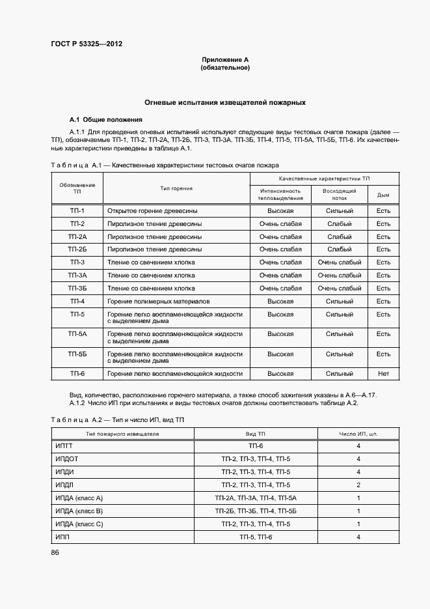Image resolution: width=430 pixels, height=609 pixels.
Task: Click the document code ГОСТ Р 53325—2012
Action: point(87,44)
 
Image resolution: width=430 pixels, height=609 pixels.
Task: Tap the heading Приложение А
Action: point(225,60)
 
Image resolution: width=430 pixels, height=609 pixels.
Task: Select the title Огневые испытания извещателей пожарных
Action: point(225,103)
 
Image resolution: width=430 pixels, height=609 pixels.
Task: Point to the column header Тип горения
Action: point(176,188)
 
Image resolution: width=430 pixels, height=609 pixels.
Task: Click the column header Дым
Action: point(383,195)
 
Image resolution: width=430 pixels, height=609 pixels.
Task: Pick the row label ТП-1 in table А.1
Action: point(77,211)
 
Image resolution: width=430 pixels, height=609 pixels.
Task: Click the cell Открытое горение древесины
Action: point(153,211)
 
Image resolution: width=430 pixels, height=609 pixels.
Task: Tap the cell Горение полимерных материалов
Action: point(159,302)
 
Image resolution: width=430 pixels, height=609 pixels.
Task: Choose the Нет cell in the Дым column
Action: point(383,374)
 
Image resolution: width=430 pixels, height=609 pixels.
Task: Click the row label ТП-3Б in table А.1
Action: point(77,288)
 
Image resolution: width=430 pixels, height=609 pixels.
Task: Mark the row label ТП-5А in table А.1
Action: point(77,334)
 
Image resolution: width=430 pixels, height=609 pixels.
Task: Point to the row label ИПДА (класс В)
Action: point(80,511)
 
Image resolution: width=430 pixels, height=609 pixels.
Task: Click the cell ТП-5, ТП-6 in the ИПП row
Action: point(256,537)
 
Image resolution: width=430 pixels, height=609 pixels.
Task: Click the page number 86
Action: point(55,553)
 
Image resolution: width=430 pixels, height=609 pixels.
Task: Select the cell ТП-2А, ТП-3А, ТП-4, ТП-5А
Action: point(256,498)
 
